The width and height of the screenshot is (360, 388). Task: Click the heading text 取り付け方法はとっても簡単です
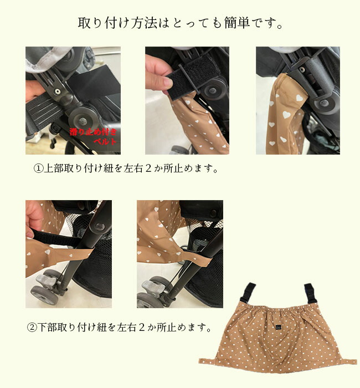180,23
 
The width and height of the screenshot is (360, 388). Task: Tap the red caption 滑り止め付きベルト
94,136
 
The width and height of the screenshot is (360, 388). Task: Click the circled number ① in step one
38,169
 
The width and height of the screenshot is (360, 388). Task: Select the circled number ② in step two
32,328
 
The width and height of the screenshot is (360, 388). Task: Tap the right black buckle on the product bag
310,293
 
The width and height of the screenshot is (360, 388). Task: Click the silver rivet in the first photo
58,92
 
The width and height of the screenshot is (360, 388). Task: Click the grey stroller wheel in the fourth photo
44,295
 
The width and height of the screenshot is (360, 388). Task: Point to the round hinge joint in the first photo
83,120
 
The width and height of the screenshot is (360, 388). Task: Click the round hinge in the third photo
324,102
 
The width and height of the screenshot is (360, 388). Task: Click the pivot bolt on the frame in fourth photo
99,226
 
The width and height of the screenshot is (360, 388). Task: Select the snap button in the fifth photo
213,213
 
